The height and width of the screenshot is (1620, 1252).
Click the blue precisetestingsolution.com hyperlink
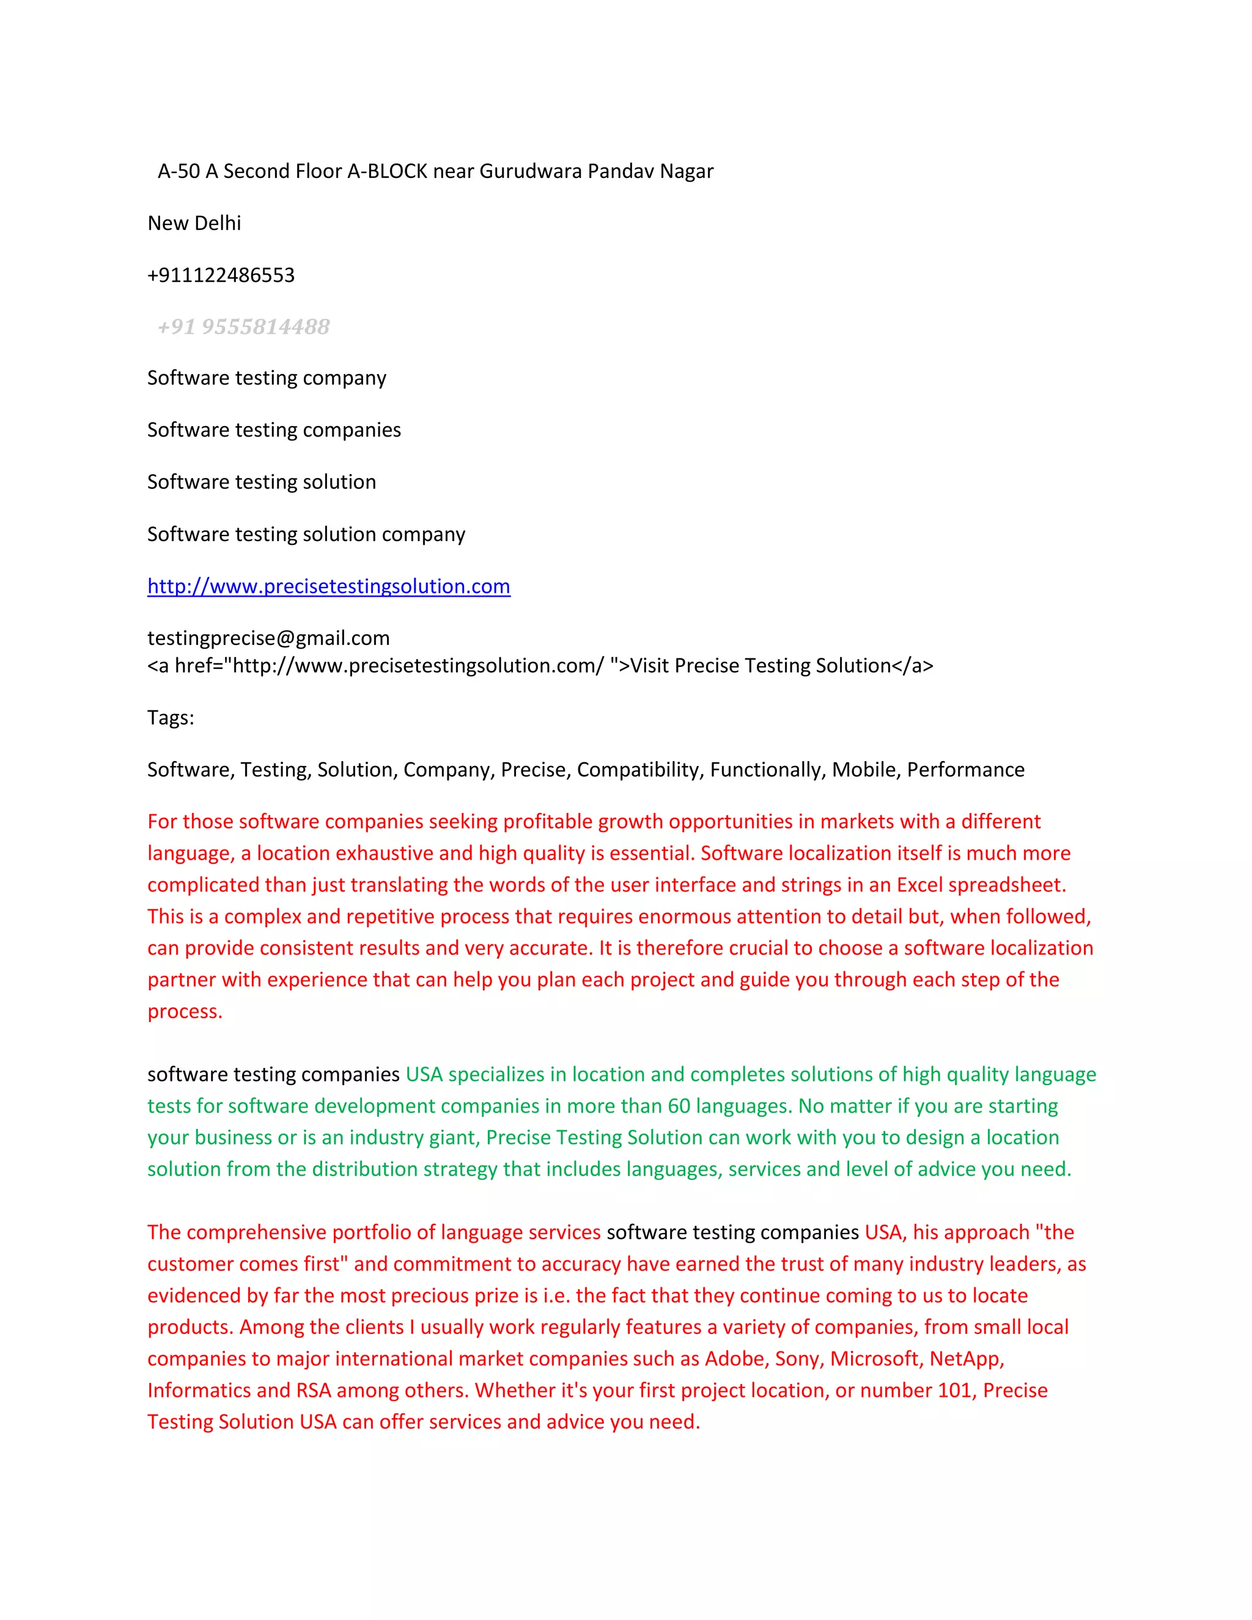click(328, 586)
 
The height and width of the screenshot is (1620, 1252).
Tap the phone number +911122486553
click(221, 275)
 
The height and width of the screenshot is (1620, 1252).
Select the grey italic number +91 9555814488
click(243, 326)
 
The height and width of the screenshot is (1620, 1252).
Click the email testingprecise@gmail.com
click(268, 638)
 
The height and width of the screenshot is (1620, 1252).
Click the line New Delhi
click(194, 223)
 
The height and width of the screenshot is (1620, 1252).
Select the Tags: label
click(171, 717)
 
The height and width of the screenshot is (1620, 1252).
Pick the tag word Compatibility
click(639, 770)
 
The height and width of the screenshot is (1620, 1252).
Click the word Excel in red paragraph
click(919, 885)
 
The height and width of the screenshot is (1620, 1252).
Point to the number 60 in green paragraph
click(679, 1106)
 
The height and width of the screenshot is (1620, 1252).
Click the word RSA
click(313, 1390)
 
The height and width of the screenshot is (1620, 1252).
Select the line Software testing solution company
click(306, 534)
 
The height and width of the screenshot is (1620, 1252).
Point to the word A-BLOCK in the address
click(387, 171)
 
